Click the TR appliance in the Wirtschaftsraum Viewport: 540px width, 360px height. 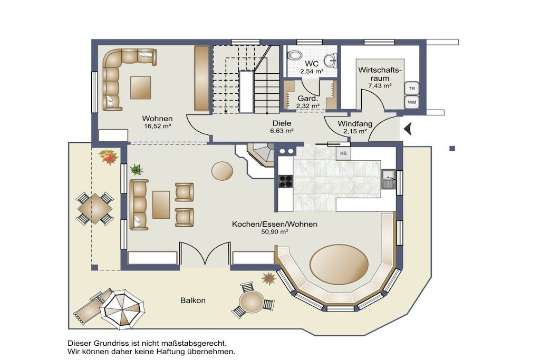tap(411, 89)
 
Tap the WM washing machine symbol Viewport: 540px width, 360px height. tap(411, 102)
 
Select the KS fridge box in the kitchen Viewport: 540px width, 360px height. tap(343, 153)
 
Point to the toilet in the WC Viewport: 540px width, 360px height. tap(295, 55)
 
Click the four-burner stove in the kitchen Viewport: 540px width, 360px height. tap(285, 181)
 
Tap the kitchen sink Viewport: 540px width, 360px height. tap(389, 179)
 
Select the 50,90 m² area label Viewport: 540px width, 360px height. tap(274, 232)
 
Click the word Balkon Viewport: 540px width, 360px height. tap(193, 300)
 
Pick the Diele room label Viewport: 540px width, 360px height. tap(282, 123)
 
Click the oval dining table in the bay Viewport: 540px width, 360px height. tap(339, 265)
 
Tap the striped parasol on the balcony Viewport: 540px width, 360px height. tap(122, 309)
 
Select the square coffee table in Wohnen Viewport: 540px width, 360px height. tap(140, 87)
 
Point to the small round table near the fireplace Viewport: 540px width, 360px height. tap(222, 171)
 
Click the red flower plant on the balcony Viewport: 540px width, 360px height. tap(109, 157)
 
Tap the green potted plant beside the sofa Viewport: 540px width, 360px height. tap(137, 169)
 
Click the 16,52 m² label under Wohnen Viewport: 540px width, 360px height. tap(158, 127)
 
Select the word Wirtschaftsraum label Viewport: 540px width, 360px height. tap(380, 74)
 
